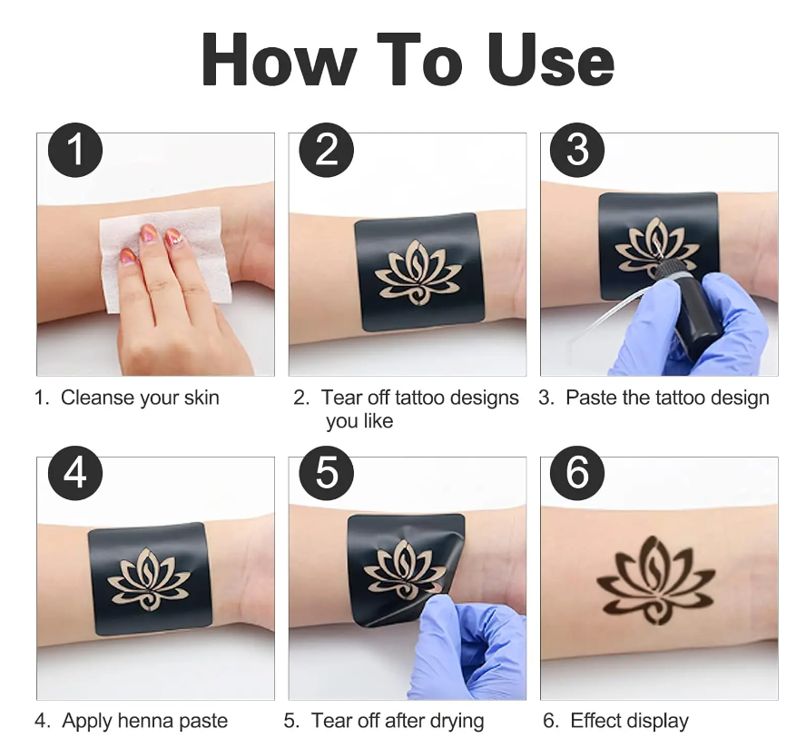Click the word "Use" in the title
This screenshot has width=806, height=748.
click(x=550, y=59)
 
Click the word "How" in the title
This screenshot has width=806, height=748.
click(x=279, y=59)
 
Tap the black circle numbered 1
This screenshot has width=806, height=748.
click(x=75, y=150)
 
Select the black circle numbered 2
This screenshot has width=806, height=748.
click(x=327, y=150)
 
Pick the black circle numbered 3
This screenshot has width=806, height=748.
click(x=577, y=150)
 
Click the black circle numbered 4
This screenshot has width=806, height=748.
click(x=75, y=474)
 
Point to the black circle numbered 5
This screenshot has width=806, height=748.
click(x=327, y=474)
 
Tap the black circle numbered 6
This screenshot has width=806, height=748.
click(x=577, y=474)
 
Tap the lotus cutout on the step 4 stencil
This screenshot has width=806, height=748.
click(x=149, y=579)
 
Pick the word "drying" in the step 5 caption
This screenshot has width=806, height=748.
click(x=457, y=722)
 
